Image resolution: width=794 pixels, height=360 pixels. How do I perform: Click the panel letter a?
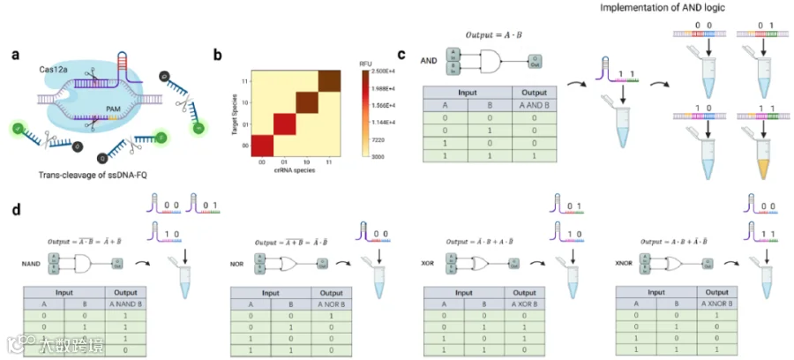coord(16,55)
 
